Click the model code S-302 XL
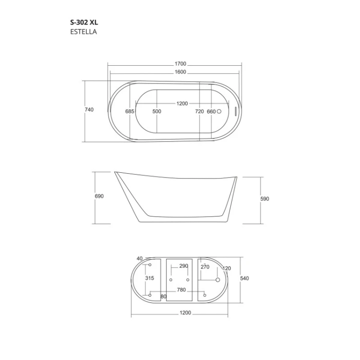[x=84, y=22]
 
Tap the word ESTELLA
[x=84, y=32]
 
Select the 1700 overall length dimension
[x=180, y=63]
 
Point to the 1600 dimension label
[x=180, y=72]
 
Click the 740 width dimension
[x=89, y=109]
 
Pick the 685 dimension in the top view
[x=130, y=111]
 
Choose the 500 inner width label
[x=157, y=111]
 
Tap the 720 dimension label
[x=199, y=111]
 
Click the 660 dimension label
[x=211, y=111]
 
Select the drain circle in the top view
[x=219, y=111]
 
